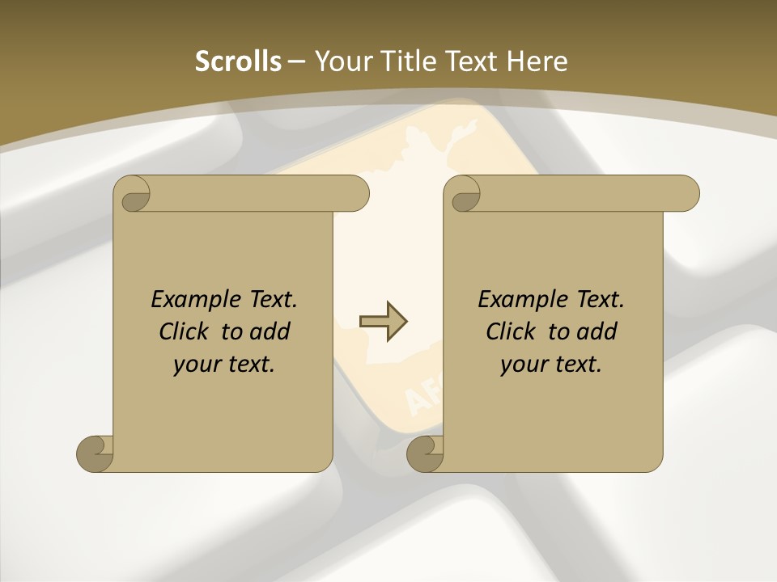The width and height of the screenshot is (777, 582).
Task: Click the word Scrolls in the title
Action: (x=238, y=61)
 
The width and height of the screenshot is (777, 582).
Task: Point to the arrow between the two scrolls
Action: (x=383, y=321)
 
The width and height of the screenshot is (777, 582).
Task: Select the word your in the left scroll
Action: (x=195, y=365)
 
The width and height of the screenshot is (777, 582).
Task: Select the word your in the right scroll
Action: (x=522, y=365)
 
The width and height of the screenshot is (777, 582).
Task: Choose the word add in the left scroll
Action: (x=271, y=331)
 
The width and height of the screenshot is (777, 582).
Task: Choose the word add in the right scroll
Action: (x=598, y=331)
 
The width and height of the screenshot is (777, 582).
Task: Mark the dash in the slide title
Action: (x=296, y=62)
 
